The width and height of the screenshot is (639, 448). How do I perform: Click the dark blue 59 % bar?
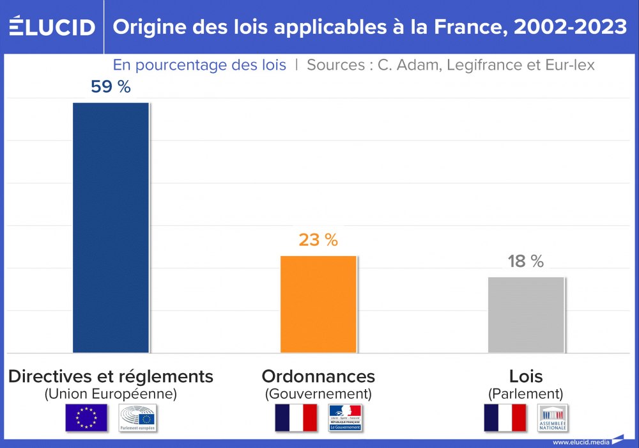pyautogui.click(x=111, y=227)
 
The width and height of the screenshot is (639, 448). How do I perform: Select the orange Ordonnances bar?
pyautogui.click(x=318, y=304)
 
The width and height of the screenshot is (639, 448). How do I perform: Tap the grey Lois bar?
pyautogui.click(x=525, y=315)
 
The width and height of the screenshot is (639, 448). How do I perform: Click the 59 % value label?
pyautogui.click(x=111, y=87)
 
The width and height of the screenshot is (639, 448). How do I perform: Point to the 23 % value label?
pyautogui.click(x=318, y=240)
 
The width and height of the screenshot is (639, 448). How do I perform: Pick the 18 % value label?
pyautogui.click(x=525, y=261)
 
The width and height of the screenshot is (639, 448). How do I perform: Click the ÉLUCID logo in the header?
pyautogui.click(x=52, y=26)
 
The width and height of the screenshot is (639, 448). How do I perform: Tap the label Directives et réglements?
pyautogui.click(x=111, y=376)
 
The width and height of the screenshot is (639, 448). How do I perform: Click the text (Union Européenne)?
pyautogui.click(x=111, y=394)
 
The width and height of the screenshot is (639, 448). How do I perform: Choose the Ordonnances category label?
pyautogui.click(x=318, y=376)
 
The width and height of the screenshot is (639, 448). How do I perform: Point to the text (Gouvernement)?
pyautogui.click(x=318, y=394)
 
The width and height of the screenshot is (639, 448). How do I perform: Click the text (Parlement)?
pyautogui.click(x=525, y=394)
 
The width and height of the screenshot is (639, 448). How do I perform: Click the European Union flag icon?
pyautogui.click(x=86, y=418)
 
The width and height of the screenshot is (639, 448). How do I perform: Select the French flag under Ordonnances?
pyautogui.click(x=296, y=418)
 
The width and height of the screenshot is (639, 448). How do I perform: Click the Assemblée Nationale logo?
pyautogui.click(x=552, y=418)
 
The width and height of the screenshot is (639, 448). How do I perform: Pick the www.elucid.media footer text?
pyautogui.click(x=580, y=442)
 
